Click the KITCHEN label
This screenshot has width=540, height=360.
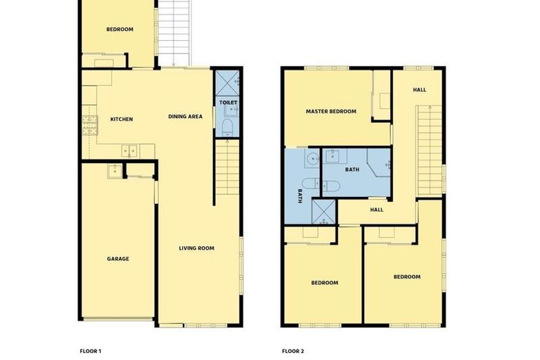pos(121,119)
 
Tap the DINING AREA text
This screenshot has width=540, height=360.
pos(186,116)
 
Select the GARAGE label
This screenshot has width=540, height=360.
pos(117,259)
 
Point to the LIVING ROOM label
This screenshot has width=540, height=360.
pos(196,247)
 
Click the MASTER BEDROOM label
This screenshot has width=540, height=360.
pos(330,111)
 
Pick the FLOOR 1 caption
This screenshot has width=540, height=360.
pos(90,349)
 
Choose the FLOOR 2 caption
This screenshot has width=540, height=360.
pos(292,349)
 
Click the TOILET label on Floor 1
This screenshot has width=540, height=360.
pos(227,103)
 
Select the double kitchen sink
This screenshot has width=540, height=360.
pos(129,150)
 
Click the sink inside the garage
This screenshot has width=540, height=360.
pos(112,169)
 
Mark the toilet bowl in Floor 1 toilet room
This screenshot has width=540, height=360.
pos(227,127)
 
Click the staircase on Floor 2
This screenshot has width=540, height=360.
pos(428,148)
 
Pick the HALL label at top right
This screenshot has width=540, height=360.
pos(419,89)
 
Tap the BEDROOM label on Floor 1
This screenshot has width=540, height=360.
pos(120,29)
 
